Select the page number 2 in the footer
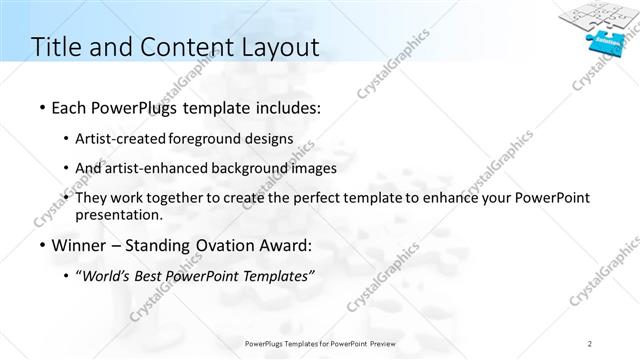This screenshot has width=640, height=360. click(x=590, y=344)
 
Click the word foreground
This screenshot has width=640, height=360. click(x=214, y=139)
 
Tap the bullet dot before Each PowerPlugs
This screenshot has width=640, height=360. click(x=40, y=106)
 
